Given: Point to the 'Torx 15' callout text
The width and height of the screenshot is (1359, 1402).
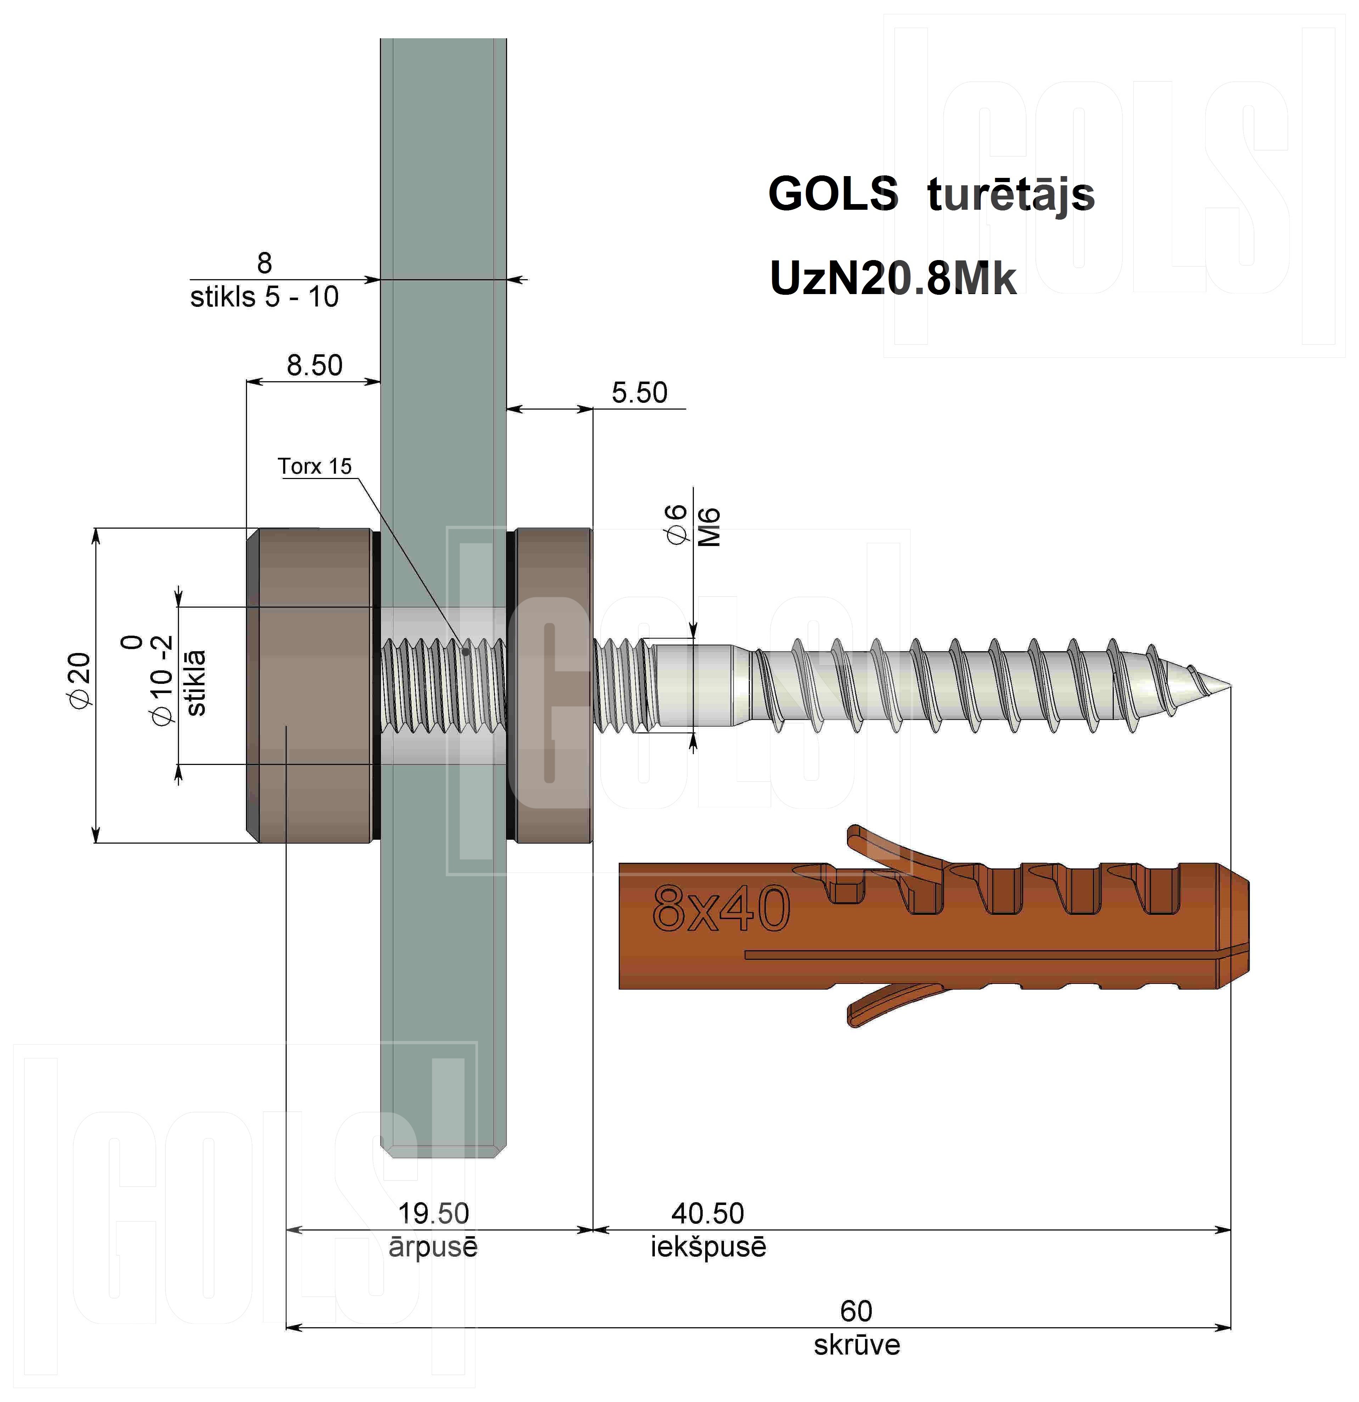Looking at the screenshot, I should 315,466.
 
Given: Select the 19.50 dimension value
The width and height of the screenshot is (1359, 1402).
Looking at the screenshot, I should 433,1214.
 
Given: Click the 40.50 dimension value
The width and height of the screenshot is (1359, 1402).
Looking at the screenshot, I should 707,1214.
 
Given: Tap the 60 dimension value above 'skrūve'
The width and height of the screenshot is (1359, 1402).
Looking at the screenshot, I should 856,1311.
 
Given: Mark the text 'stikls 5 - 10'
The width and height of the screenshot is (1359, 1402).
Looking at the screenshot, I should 264,297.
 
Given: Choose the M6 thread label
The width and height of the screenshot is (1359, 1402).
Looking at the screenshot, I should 709,527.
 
